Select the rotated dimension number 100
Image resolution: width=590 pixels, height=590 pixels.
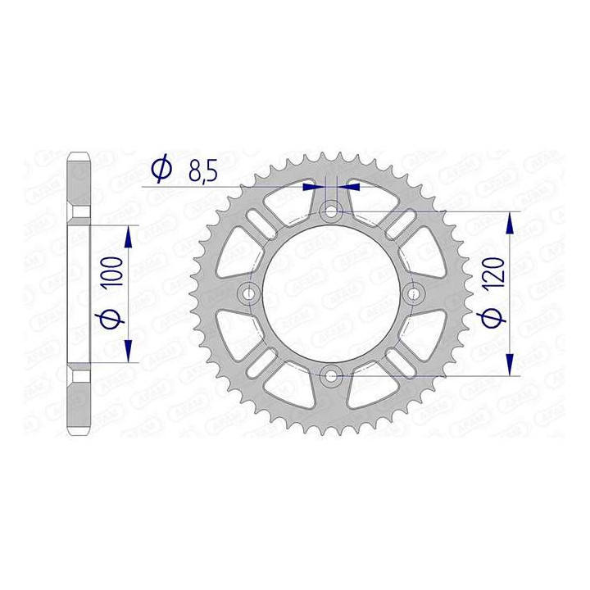[x=114, y=270]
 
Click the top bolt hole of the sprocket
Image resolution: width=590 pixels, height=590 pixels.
[x=331, y=211]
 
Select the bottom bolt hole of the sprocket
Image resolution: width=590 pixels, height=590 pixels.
[x=331, y=375]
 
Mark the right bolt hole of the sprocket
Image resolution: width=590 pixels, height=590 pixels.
[x=413, y=293]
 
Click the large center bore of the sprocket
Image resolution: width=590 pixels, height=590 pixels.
[x=331, y=293]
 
